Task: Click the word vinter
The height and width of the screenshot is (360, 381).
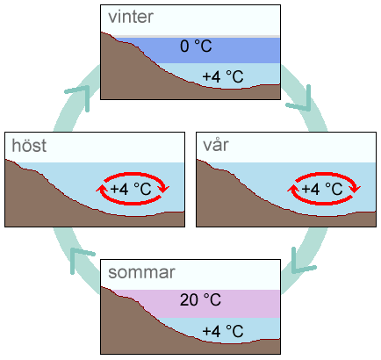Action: point(131,17)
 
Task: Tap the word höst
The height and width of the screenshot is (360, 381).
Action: point(29,146)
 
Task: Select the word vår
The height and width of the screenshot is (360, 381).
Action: point(216,144)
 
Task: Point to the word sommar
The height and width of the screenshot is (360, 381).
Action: point(141,272)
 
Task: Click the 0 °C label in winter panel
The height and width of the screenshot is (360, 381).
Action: point(196,47)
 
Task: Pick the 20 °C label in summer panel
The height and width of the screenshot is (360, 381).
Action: point(200,300)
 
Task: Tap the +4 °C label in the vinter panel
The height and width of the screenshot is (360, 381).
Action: point(223,76)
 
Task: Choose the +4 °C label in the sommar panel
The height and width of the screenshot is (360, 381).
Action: point(223,331)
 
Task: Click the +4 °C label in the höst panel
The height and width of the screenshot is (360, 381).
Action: point(131,189)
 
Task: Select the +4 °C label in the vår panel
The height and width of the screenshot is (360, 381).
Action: point(322,189)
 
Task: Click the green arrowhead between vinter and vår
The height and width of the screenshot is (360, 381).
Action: point(301,100)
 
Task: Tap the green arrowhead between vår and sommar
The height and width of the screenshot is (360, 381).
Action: point(301,262)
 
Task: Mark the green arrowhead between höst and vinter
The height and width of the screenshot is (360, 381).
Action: point(80,96)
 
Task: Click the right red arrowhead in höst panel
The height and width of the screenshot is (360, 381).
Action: point(164,188)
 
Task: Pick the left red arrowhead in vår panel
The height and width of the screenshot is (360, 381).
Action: point(292,189)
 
